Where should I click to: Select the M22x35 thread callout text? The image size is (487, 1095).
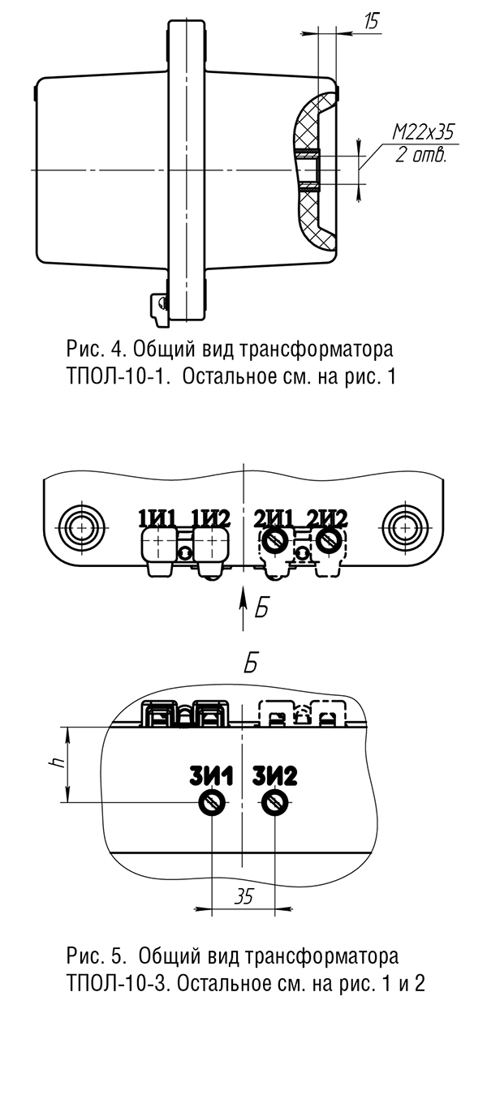tap(424, 132)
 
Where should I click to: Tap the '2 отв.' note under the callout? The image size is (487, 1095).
tap(421, 156)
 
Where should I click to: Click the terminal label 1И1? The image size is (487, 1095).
tap(157, 518)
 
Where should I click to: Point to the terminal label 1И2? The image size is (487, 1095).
tap(211, 518)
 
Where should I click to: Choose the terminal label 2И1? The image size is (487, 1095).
tap(274, 518)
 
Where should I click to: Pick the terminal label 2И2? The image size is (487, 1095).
tap(327, 518)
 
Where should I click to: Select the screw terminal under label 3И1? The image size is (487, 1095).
tap(212, 801)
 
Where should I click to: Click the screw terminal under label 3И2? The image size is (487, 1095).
tap(275, 801)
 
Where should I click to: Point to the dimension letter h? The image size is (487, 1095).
tap(58, 762)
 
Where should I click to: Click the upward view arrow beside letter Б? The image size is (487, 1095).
tap(243, 608)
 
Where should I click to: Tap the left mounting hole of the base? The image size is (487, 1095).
tap(82, 528)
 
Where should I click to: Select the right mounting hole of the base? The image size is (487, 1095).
tap(405, 528)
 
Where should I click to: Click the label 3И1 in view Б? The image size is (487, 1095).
tap(211, 776)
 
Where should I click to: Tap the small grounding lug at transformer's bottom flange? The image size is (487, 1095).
tap(159, 309)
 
